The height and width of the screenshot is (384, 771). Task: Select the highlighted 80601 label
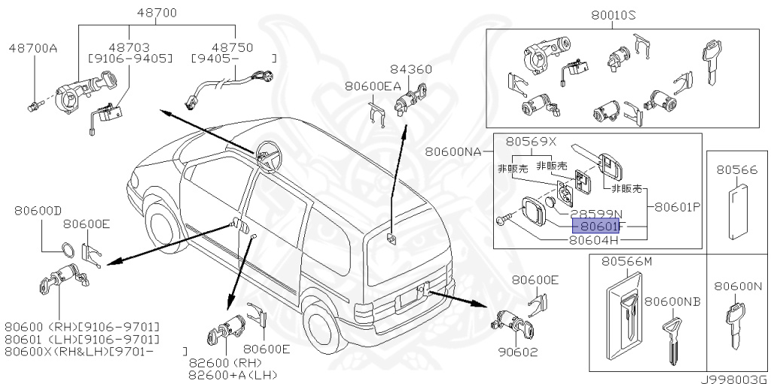point(596,225)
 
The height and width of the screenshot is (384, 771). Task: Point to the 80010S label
point(614,14)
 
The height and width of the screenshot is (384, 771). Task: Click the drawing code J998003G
point(734,377)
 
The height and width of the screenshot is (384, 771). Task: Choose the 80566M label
point(626,261)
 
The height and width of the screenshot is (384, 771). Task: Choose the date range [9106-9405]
point(130,57)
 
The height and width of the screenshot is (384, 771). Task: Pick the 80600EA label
point(374,86)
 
